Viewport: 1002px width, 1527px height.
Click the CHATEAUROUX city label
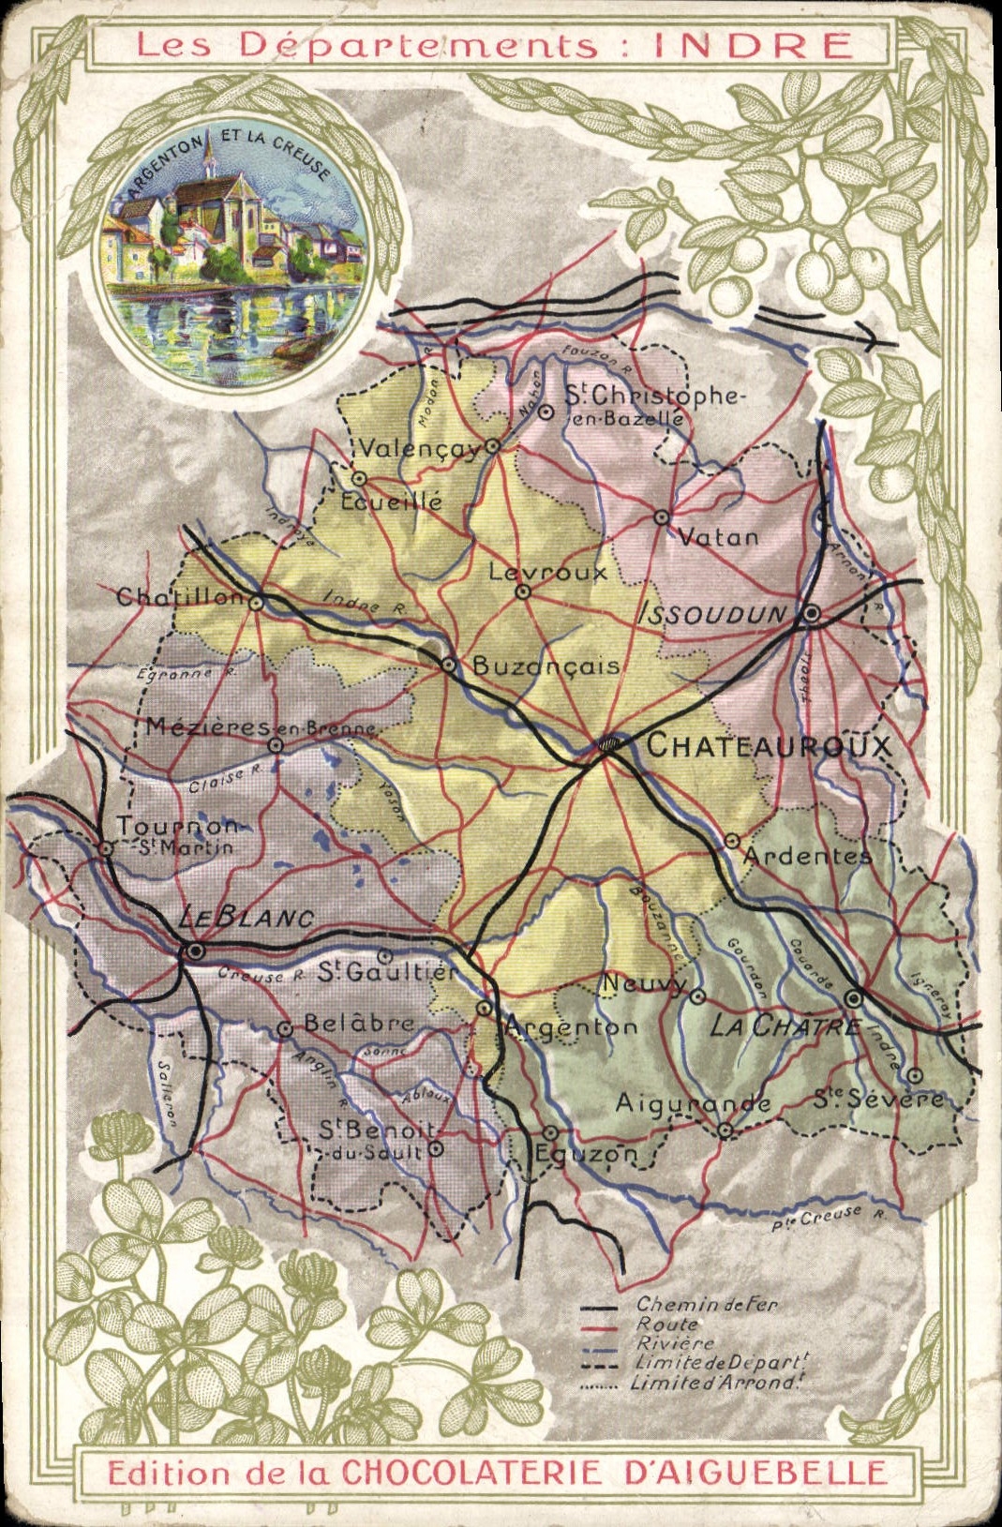coord(767,746)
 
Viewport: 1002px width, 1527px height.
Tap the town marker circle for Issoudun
coord(812,614)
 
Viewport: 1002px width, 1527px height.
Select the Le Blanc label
coord(246,919)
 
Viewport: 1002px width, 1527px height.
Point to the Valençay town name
coord(419,449)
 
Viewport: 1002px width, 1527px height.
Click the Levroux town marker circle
coord(524,591)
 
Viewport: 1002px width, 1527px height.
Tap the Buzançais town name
coord(545,666)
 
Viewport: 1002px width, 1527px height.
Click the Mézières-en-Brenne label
coord(261,727)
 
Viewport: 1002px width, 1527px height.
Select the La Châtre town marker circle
coord(854,997)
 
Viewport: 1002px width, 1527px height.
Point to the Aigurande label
coord(693,1103)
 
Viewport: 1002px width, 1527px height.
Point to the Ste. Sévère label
coord(877,1099)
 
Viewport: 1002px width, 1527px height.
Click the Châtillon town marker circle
coord(255,604)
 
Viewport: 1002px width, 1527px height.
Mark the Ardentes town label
coord(807,856)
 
